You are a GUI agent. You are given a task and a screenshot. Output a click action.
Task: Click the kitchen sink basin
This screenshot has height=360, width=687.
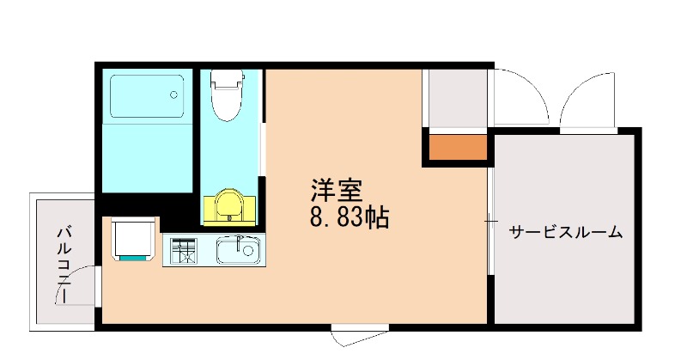238,251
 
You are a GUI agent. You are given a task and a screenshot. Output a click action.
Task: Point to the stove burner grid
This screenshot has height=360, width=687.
185,251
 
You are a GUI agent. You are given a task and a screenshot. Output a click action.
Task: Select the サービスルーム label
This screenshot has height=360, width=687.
566,232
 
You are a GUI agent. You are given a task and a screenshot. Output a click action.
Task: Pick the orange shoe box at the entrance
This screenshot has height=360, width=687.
458,148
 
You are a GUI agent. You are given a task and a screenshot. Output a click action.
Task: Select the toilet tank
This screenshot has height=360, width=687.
228,79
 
